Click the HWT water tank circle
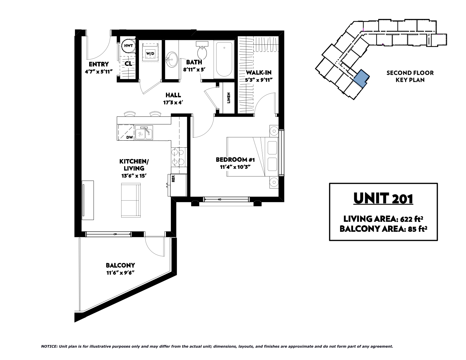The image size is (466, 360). click(129, 46)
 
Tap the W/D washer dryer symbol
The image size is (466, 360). click(150, 53)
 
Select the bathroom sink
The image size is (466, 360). click(172, 60)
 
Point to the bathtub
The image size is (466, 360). click(224, 59)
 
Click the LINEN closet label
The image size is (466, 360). click(229, 98)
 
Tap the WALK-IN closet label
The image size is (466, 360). click(259, 72)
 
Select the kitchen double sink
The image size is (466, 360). click(144, 133)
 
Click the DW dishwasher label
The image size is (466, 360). click(129, 137)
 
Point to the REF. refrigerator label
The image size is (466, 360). click(174, 179)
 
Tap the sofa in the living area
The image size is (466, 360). click(131, 200)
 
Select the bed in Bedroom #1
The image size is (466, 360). click(252, 157)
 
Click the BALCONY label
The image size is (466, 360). click(120, 266)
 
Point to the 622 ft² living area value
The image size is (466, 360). click(412, 219)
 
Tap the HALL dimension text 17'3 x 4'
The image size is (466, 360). click(173, 102)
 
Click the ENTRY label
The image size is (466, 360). click(99, 64)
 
